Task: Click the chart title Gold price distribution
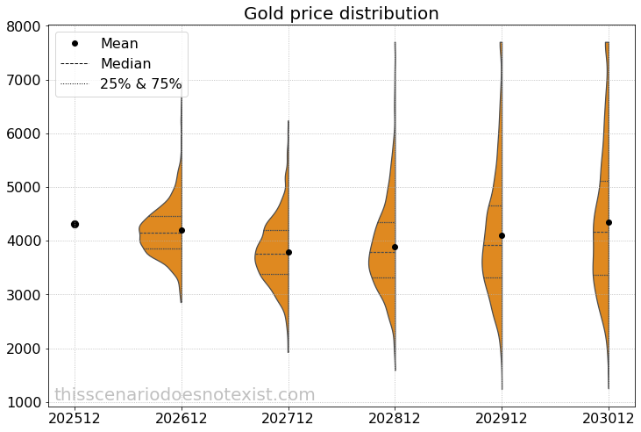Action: pos(341,14)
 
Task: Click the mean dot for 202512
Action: pos(75,224)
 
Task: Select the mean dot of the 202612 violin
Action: pos(182,230)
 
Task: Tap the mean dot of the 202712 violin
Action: pos(288,252)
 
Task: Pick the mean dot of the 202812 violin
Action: pos(395,247)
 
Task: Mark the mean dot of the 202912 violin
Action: pos(502,235)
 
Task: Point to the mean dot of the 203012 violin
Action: pos(609,222)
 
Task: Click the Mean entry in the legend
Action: pos(119,44)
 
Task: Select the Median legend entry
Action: pos(125,64)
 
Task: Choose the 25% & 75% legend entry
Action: pos(140,84)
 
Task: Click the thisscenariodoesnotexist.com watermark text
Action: pos(184,395)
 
